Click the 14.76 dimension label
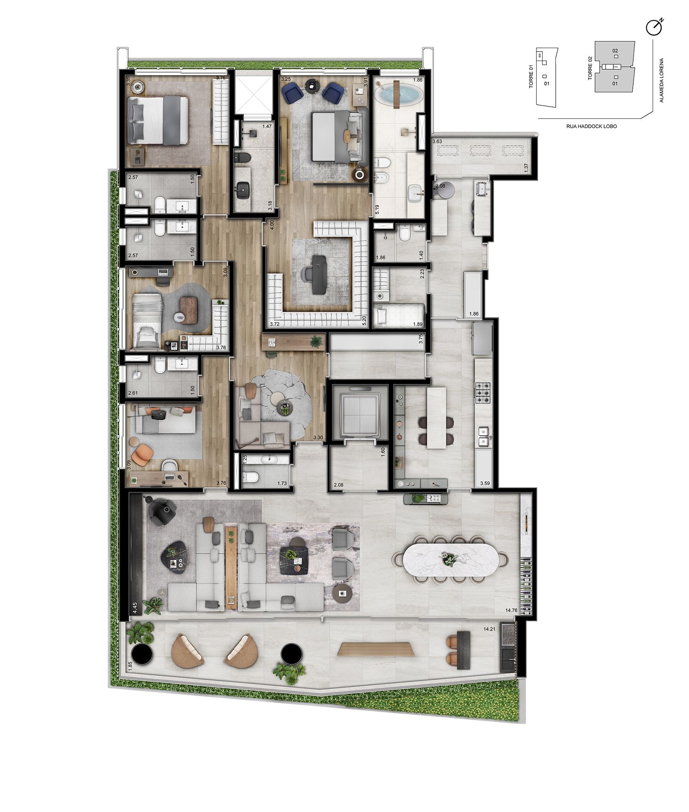coord(511,610)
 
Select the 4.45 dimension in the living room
coord(135,608)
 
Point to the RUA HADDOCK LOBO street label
coord(591,126)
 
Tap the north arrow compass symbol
coord(653,27)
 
